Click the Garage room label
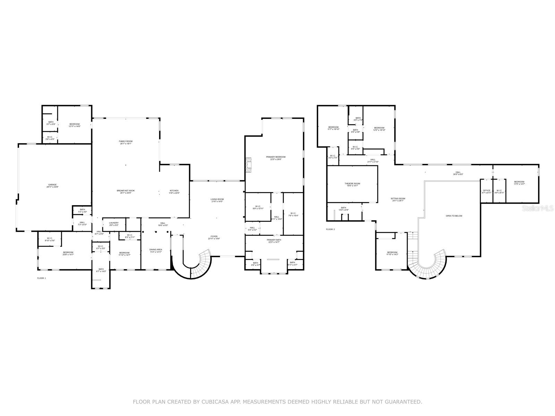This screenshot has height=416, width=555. [x=52, y=185]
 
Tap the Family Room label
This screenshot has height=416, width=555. [x=126, y=142]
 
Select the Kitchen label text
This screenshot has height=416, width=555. [x=174, y=192]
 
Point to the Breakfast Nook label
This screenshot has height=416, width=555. [x=126, y=192]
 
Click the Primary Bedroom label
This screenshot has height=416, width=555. [x=276, y=158]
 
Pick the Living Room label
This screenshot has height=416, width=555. [x=217, y=200]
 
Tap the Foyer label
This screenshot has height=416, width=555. [x=214, y=237]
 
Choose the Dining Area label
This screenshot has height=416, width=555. [x=156, y=250]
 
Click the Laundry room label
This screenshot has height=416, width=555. [x=114, y=224]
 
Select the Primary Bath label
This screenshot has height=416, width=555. [x=274, y=241]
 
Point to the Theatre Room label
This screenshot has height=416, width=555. [x=352, y=184]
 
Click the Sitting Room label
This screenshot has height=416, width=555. [x=398, y=199]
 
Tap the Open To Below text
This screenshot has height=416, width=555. [x=454, y=216]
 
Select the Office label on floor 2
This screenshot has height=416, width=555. [x=487, y=191]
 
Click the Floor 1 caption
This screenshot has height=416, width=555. [x=41, y=278]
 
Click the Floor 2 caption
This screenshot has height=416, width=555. [x=330, y=229]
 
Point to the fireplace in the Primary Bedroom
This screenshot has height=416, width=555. [x=248, y=165]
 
